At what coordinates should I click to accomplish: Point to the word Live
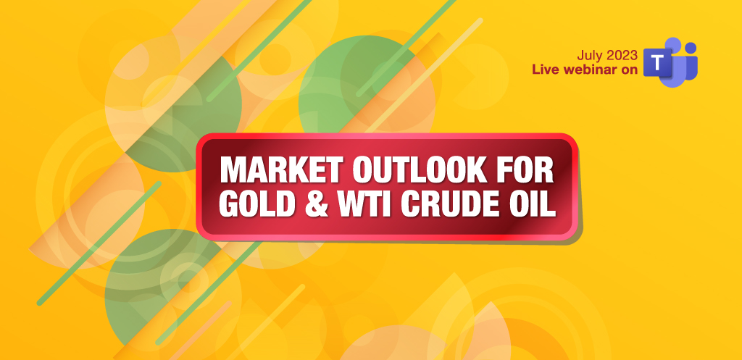coord(544,70)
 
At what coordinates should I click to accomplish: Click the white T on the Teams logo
coord(657,62)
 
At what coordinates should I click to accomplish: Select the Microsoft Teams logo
coord(670,62)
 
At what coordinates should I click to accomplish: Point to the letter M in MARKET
coord(234,169)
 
